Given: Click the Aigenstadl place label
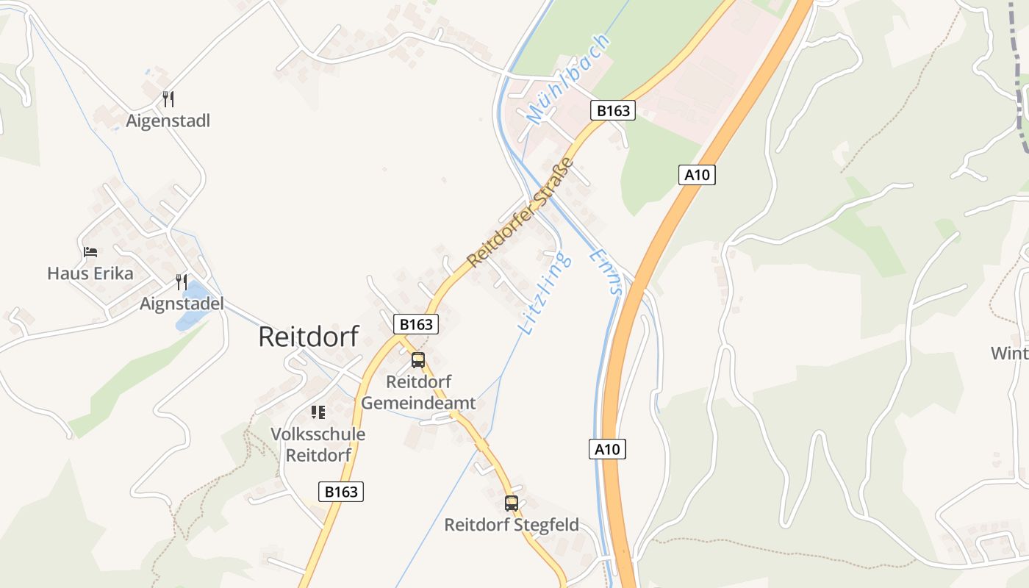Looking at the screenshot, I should click(168, 121).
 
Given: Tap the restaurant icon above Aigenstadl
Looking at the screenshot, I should click(168, 98).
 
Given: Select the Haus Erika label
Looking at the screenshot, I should click(90, 273).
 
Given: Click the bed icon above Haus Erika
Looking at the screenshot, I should click(90, 252).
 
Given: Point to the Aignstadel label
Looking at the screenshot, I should click(182, 304).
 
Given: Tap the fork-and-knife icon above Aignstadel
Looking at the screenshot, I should click(181, 282).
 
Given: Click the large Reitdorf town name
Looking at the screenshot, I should click(309, 337).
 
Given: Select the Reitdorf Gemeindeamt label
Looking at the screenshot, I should click(418, 392).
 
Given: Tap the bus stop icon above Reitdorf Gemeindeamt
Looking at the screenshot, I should click(418, 360).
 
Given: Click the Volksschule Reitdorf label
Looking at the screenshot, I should click(318, 444).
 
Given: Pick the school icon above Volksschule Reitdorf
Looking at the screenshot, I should click(318, 412).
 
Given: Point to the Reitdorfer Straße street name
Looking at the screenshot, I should click(519, 212).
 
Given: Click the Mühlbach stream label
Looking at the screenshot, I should click(569, 79).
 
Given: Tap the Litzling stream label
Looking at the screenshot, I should click(545, 293).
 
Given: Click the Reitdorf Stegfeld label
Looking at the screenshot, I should click(512, 525).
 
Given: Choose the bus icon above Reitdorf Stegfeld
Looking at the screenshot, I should click(512, 503).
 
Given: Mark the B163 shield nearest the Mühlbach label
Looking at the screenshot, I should click(613, 111).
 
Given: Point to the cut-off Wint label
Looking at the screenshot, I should click(1010, 353).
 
